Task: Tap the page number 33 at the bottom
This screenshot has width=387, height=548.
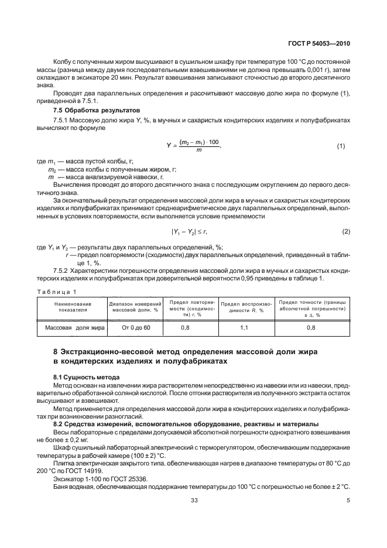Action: coord(194,516)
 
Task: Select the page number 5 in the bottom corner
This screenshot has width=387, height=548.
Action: coord(348,516)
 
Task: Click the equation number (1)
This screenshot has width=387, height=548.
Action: coord(342,146)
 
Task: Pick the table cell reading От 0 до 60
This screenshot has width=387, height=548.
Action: coord(136,328)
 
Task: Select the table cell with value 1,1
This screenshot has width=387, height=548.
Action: coord(244,328)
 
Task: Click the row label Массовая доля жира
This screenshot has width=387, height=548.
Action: coord(73,328)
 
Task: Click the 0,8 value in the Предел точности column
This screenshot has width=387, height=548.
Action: coord(311,328)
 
